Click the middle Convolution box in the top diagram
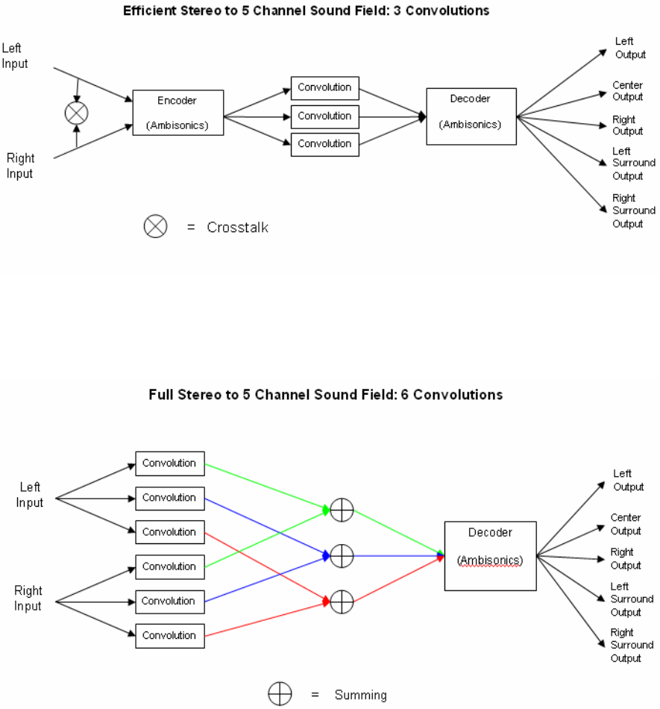tap(325, 116)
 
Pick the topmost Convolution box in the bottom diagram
tap(170, 463)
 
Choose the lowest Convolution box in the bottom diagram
tap(170, 636)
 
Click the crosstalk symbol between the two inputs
tap(76, 113)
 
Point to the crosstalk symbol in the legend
tap(155, 226)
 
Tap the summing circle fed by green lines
tap(342, 510)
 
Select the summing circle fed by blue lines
tap(342, 556)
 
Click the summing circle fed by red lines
tap(342, 602)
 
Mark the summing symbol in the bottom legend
tap(280, 693)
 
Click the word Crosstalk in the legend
tap(238, 227)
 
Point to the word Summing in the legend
tap(360, 695)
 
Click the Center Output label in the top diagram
tap(627, 91)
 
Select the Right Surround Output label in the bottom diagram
tap(632, 646)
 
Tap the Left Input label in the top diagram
tap(14, 56)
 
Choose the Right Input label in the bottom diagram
tap(28, 599)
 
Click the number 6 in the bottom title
tap(404, 395)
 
